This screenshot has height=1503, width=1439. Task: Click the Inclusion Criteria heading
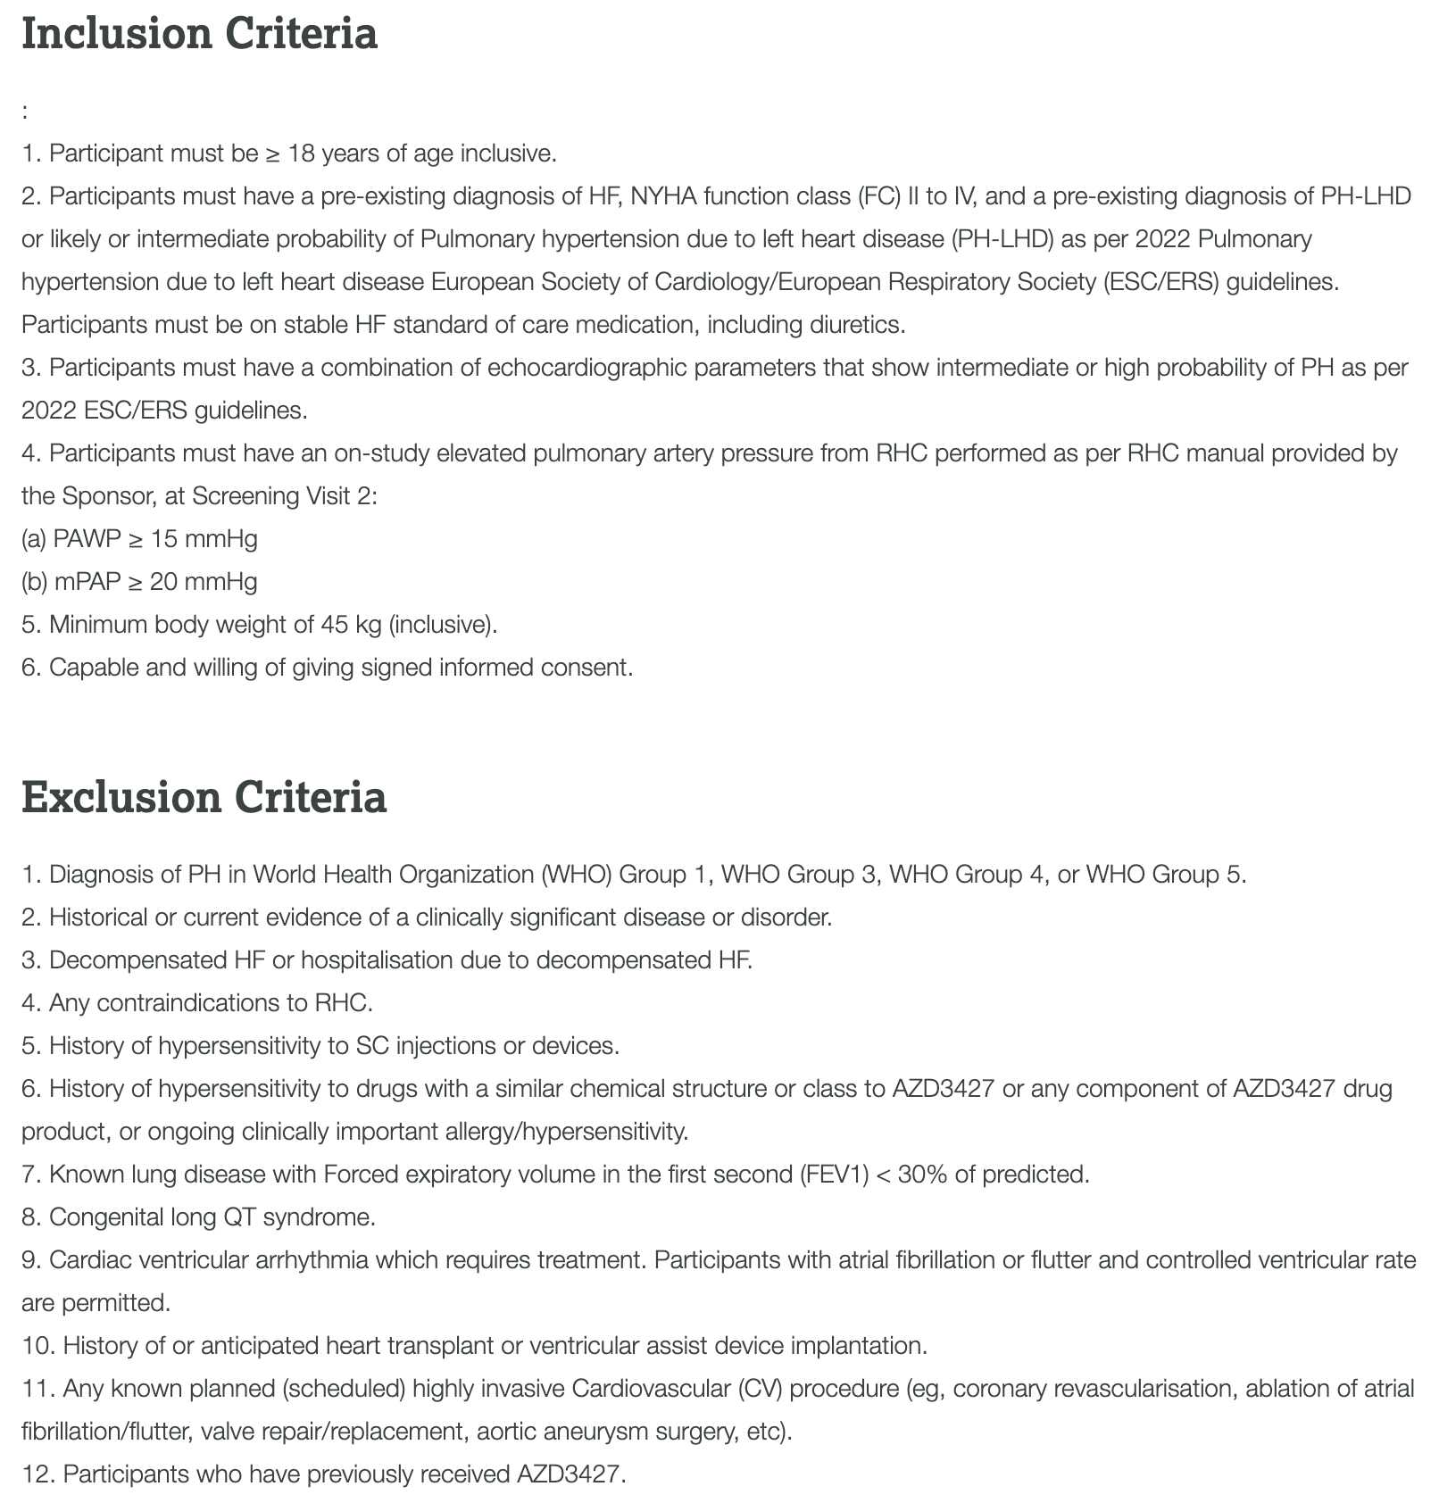199,34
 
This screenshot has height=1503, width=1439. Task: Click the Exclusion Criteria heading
204,797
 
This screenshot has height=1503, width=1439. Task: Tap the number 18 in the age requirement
302,154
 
